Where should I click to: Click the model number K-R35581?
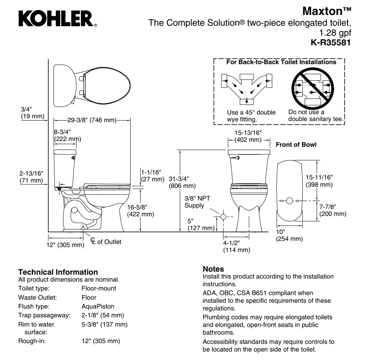pos(330,43)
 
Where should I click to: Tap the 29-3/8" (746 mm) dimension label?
pos(92,120)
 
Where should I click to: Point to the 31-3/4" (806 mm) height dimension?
pos(182,182)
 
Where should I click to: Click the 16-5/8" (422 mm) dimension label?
pos(141,211)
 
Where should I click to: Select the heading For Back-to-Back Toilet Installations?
pos(281,62)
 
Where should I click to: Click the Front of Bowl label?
pos(296,144)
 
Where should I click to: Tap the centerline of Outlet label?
pos(106,242)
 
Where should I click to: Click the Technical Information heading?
pos(58,272)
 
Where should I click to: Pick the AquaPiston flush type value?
pos(98,307)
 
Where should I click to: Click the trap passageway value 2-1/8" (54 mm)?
pos(103,315)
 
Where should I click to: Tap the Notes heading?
pos(213,269)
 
